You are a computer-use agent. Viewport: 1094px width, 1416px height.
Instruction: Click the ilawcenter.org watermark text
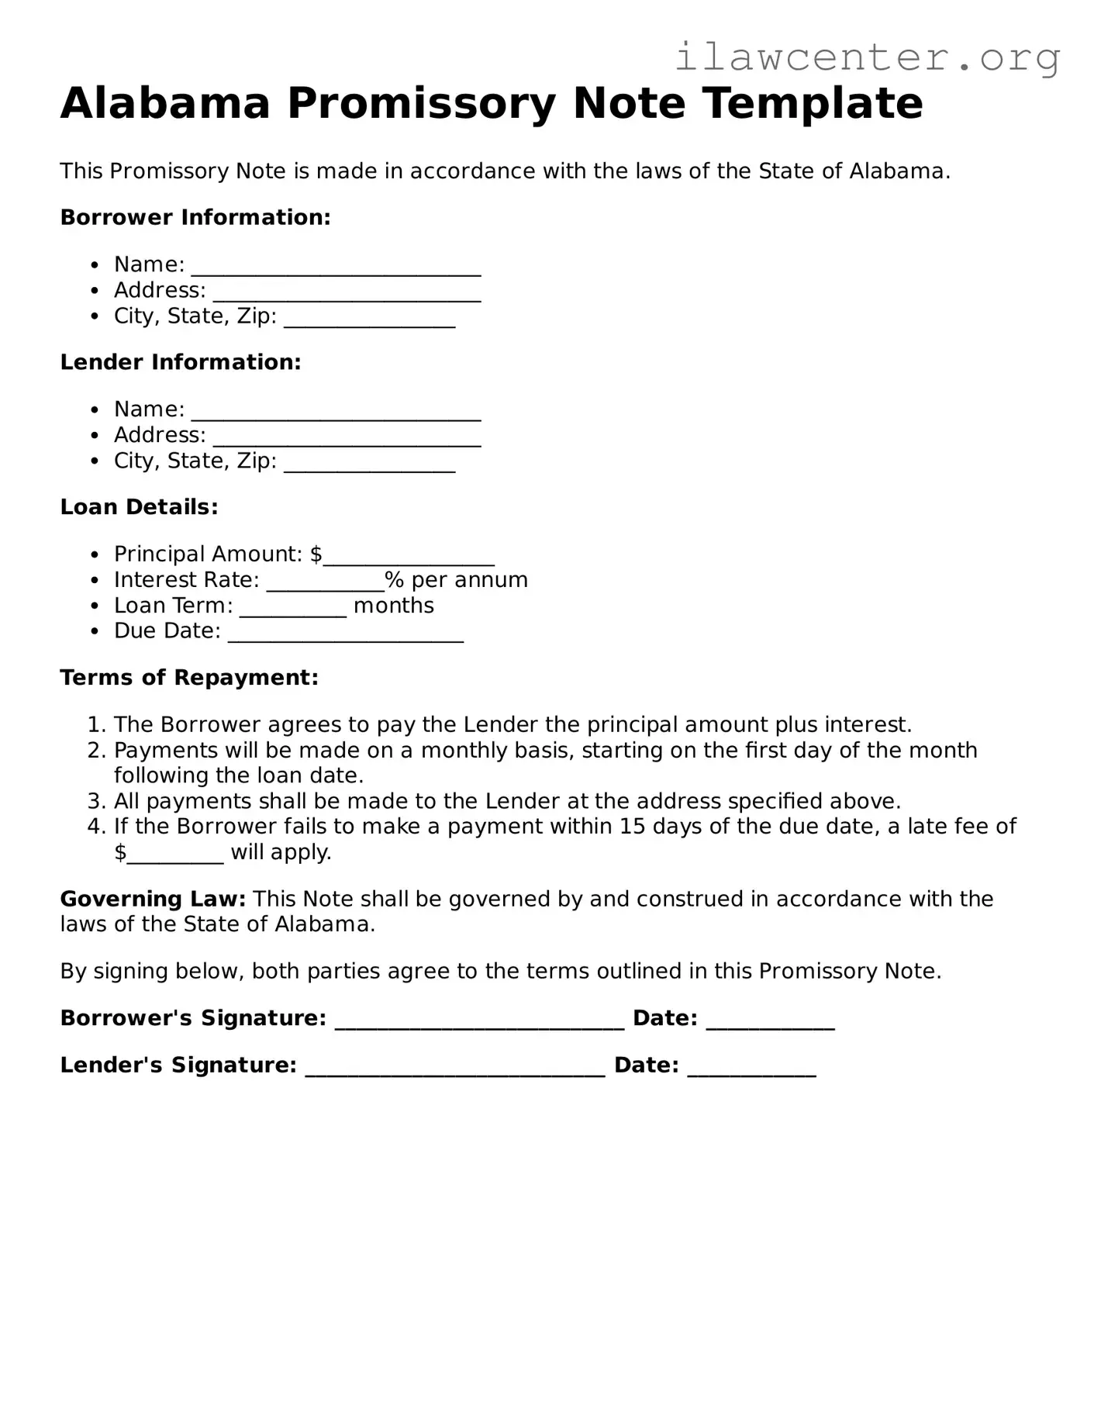click(867, 57)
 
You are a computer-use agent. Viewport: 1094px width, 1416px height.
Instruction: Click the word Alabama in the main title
click(165, 103)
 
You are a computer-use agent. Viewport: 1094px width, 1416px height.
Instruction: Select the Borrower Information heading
click(195, 217)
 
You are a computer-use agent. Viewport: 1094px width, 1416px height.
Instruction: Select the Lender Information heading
click(181, 362)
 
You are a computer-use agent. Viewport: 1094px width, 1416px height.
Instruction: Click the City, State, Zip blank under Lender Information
click(369, 464)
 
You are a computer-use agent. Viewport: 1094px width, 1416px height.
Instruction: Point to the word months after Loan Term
click(393, 606)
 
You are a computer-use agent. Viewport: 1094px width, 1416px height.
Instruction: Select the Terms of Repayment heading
click(189, 678)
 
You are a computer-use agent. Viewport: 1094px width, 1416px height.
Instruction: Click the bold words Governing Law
click(153, 900)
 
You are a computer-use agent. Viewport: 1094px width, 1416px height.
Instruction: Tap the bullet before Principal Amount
click(95, 555)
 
